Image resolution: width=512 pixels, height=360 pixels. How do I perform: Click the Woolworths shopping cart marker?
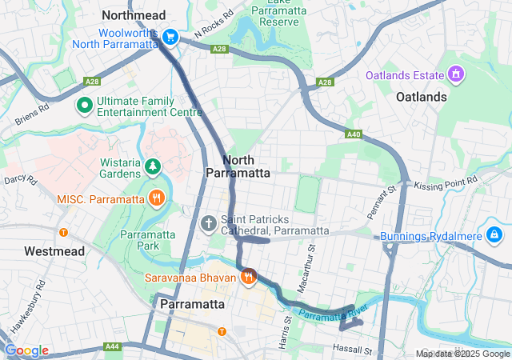170,37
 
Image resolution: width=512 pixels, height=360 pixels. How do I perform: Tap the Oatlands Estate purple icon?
455,75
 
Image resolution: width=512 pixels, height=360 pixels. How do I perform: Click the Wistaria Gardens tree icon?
152,166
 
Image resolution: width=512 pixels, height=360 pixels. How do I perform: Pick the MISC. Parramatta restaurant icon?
157,198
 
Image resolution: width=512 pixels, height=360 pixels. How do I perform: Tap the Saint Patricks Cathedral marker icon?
209,223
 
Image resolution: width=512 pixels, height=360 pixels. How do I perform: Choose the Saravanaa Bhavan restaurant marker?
249,277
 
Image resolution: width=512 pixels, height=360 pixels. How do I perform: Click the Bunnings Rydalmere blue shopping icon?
495,235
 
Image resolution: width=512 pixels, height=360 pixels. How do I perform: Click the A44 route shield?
112,347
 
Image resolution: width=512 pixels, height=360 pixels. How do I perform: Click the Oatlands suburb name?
422,97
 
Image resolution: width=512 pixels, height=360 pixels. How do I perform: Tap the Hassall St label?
353,350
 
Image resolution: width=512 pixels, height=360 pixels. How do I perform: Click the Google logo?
26,350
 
